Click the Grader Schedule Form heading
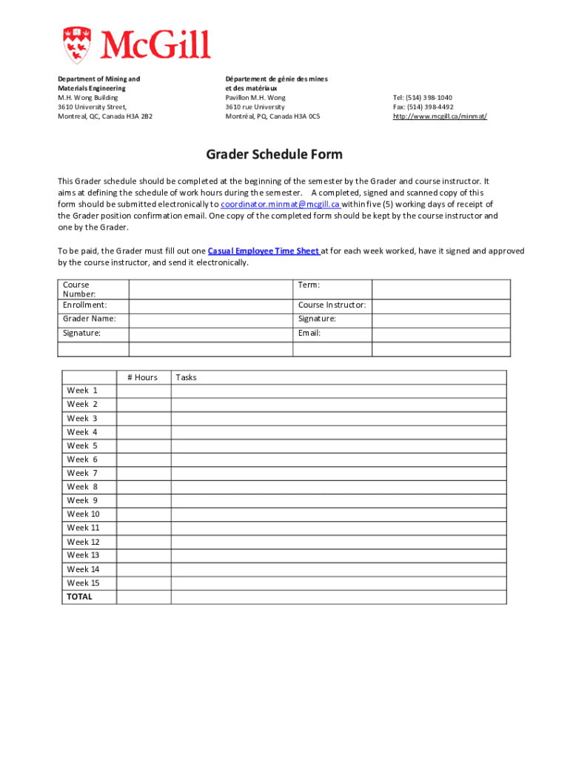coord(274,155)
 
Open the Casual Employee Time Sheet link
coord(264,251)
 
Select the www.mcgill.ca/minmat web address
coord(440,116)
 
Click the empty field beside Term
coord(440,289)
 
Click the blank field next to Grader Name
coord(212,319)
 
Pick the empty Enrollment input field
coord(212,305)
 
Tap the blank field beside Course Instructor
coord(440,305)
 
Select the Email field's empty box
coord(440,334)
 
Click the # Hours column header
coord(143,377)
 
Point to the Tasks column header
coord(187,377)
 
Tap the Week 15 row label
coord(83,583)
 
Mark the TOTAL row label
coord(80,597)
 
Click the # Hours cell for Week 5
coord(144,446)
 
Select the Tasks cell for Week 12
coord(338,542)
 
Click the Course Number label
coord(76,289)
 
